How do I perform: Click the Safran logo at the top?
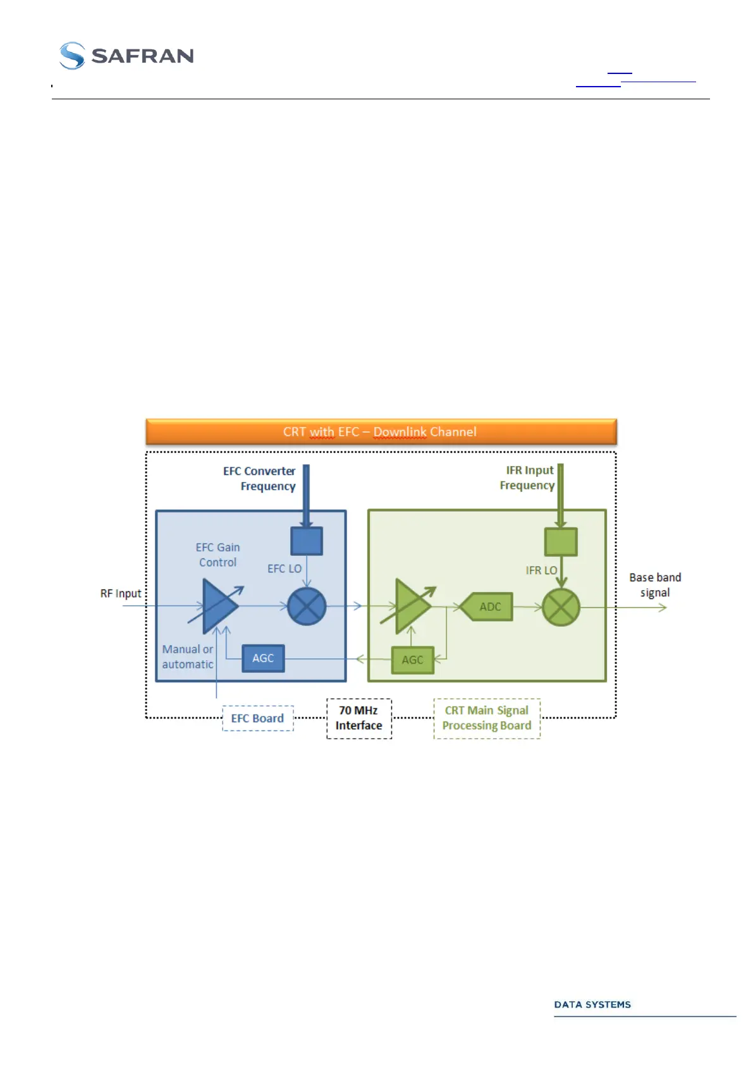coord(126,56)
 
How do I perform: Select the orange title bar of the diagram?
coord(381,432)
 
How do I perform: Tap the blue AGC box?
coord(263,658)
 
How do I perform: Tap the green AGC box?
coord(412,660)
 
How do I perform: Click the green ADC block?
coord(487,607)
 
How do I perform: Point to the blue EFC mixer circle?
coord(307,606)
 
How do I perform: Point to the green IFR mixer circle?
coord(561,608)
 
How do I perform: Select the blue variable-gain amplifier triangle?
coord(218,606)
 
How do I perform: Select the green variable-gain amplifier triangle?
coord(411,606)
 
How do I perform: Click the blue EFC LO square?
coord(307,541)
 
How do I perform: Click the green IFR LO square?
coord(561,542)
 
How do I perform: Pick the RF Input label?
coord(121,594)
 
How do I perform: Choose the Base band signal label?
coord(655,585)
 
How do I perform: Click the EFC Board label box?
coord(258,718)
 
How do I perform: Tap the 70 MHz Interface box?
coord(359,718)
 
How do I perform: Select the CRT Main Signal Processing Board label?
coord(487,718)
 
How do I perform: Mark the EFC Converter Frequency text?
coord(260,479)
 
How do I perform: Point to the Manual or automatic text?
coord(188,657)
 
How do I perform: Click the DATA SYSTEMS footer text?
coord(592,1005)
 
